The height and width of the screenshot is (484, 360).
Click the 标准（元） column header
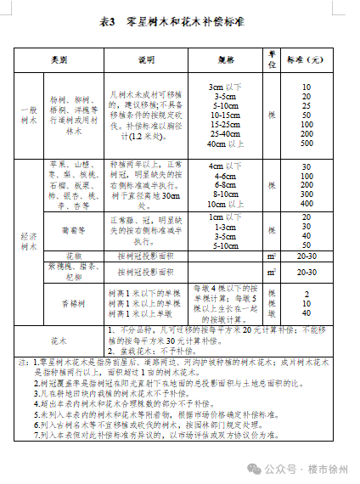(305, 59)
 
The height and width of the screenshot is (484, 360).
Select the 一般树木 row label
(29, 115)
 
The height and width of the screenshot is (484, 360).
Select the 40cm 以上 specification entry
(226, 144)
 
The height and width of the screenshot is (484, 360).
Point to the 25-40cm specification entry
(226, 133)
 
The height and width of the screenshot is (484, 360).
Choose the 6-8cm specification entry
(226, 184)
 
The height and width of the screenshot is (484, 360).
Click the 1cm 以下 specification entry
(226, 217)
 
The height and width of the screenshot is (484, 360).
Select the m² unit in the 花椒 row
(272, 255)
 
